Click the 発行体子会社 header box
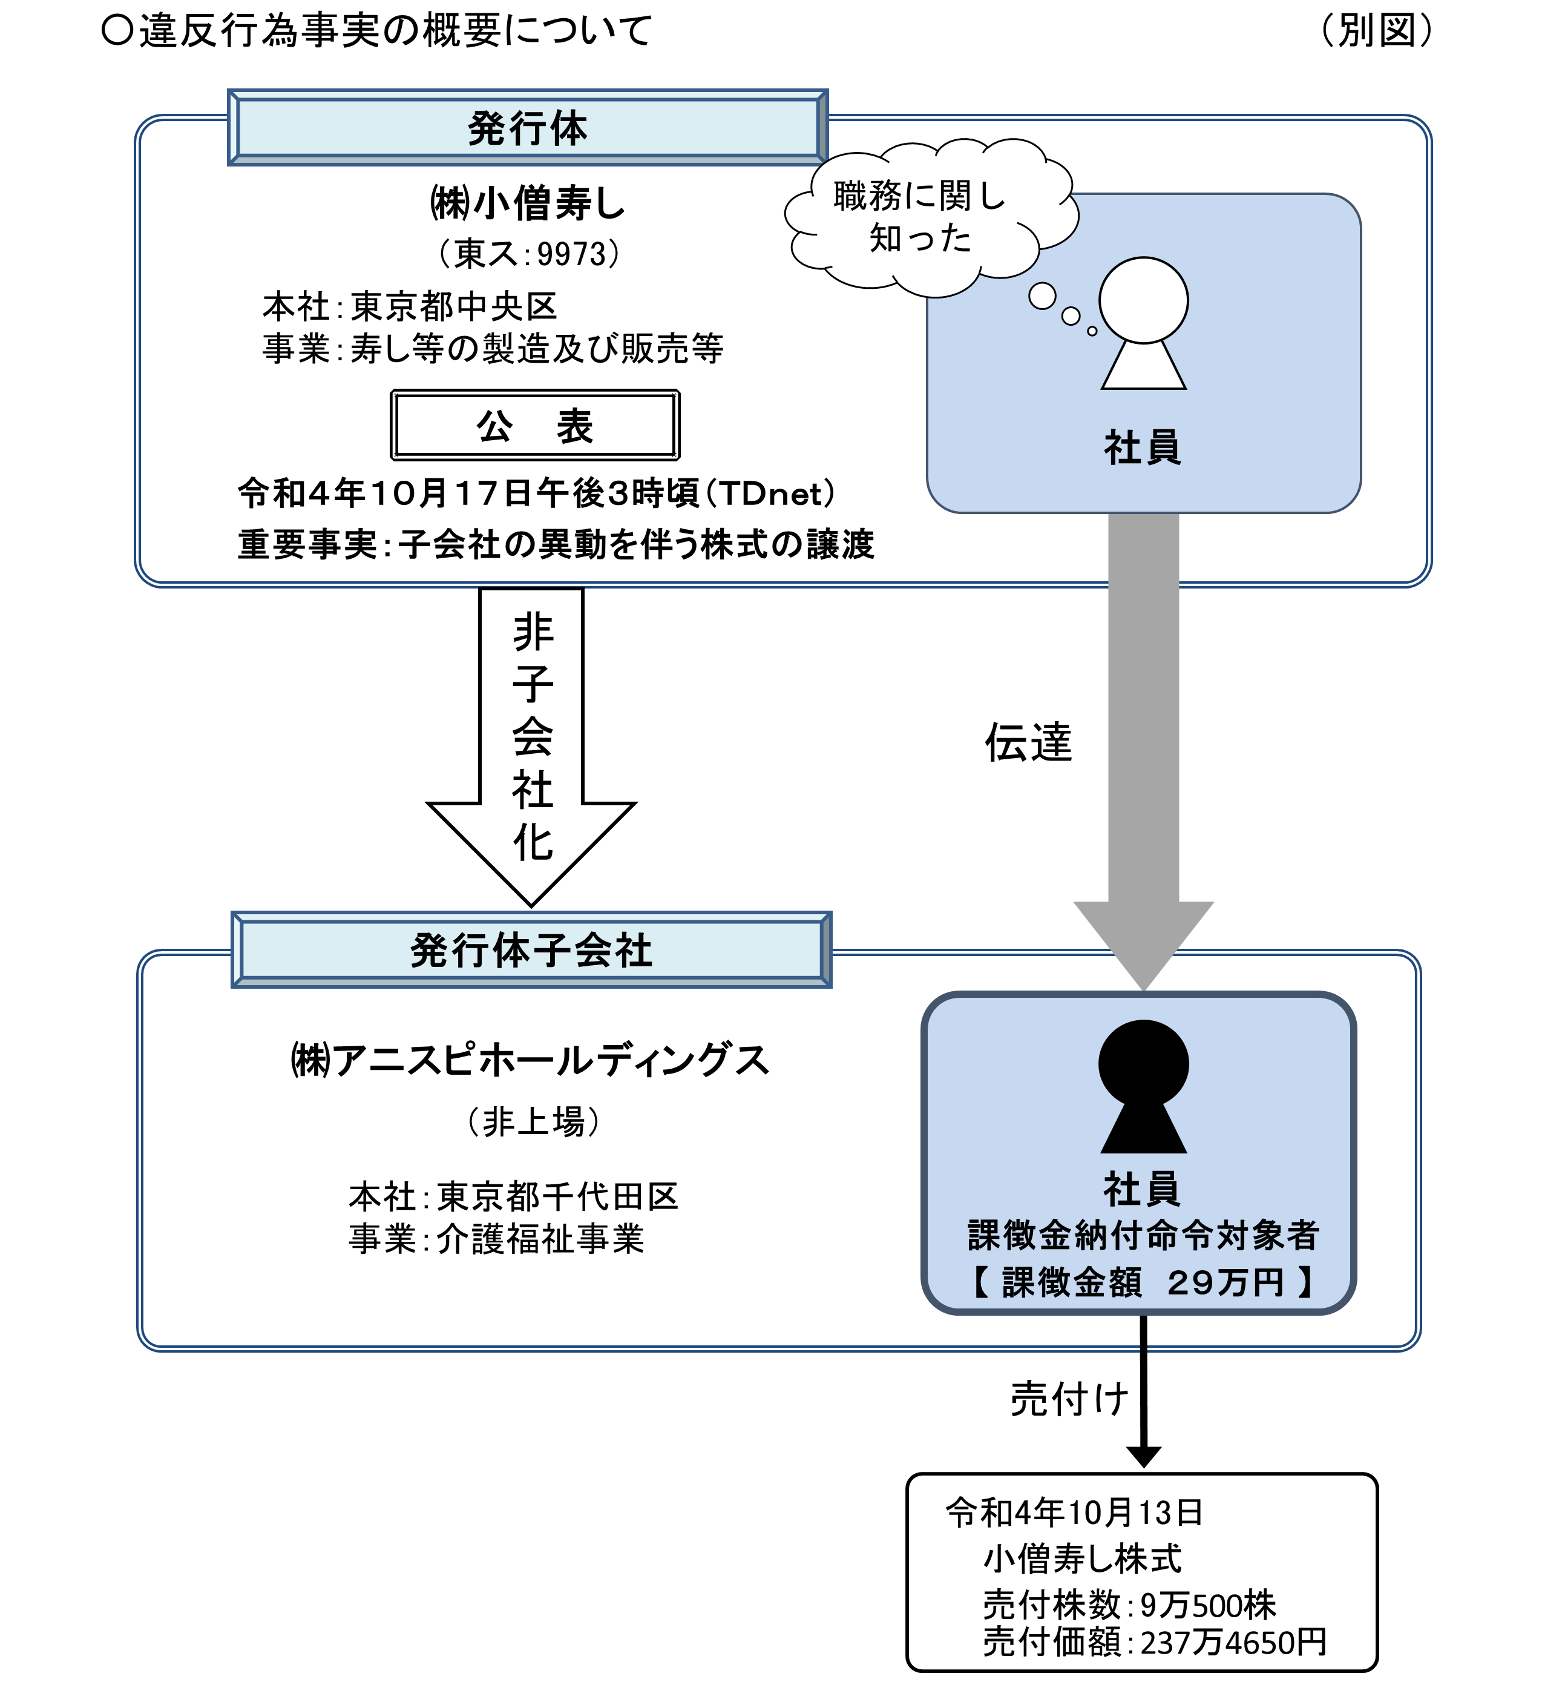click(531, 950)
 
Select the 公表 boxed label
click(534, 425)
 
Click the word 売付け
click(1069, 1399)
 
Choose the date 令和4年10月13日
click(1074, 1512)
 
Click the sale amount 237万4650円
click(1232, 1643)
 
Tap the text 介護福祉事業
click(540, 1239)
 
